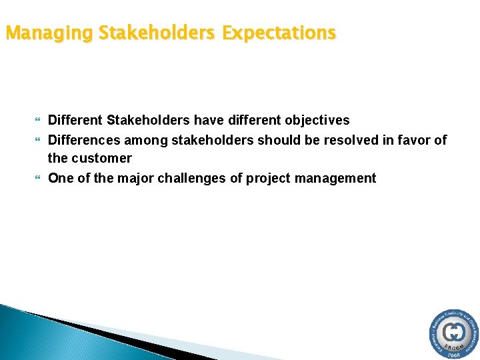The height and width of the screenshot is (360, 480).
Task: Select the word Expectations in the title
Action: point(279,32)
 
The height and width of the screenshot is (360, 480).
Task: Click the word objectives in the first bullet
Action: point(317,121)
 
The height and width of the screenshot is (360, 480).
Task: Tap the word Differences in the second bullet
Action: point(84,140)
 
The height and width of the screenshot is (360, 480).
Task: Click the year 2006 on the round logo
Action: point(454,355)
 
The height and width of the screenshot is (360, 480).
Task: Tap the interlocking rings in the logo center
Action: point(454,331)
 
